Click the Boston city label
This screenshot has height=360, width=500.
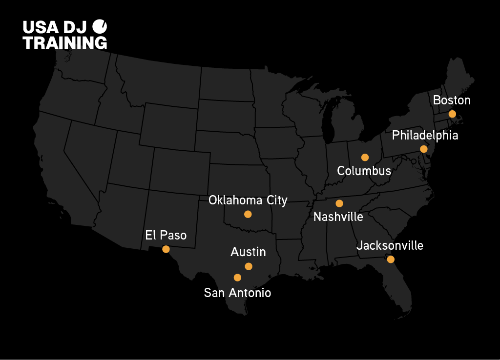452,100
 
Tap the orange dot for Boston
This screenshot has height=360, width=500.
452,114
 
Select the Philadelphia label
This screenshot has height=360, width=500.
425,135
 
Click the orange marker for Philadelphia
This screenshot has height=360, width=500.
423,149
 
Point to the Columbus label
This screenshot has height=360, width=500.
364,171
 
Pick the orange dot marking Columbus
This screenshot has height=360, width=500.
365,157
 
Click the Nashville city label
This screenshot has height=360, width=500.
338,217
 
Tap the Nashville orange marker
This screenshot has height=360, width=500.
339,203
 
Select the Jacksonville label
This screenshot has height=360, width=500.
390,245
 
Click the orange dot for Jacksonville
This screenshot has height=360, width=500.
391,259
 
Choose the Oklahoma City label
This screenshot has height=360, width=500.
248,200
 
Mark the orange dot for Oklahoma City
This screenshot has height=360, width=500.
248,214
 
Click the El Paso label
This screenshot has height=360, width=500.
166,235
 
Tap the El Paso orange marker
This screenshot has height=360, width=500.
166,249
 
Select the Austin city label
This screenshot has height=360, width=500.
248,252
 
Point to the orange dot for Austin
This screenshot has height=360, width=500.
249,266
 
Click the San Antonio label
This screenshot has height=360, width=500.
237,293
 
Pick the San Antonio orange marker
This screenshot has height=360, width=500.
237,278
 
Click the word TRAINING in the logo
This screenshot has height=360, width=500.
65,42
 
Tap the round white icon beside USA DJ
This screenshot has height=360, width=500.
100,26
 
